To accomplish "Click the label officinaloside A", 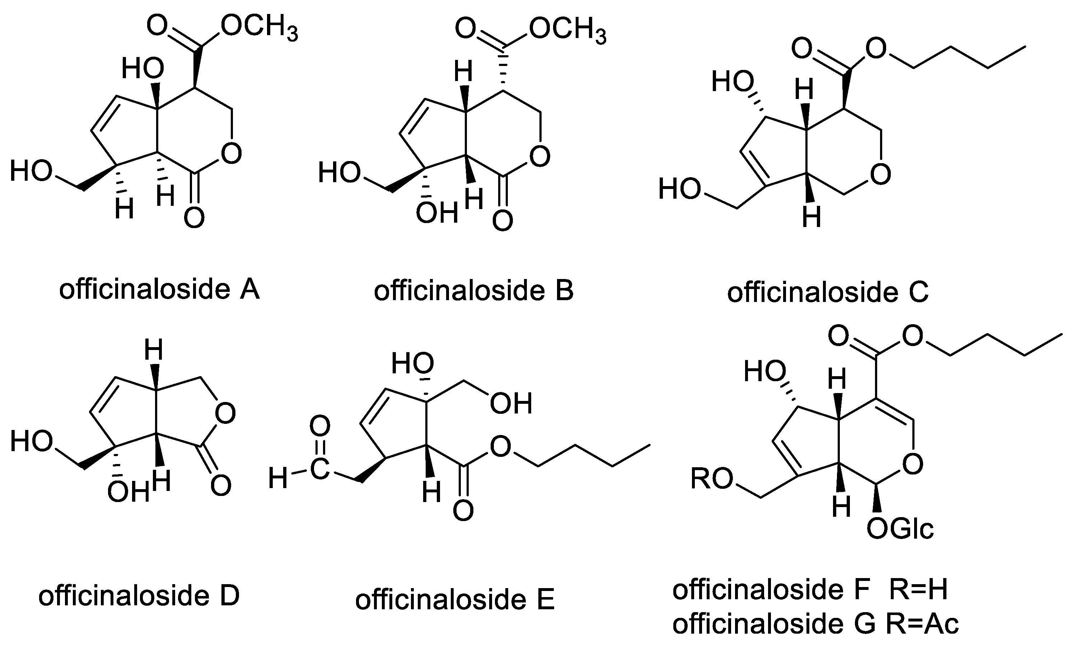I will point(159,289).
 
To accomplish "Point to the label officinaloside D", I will point(139,596).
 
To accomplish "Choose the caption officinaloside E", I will point(455,600).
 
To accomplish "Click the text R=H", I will point(918,590).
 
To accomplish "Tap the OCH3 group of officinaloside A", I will point(259,28).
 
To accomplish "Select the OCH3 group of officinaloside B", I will point(567,32).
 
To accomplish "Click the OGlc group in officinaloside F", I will point(899,529).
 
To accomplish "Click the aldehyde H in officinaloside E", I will point(278,478).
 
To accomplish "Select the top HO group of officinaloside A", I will point(142,68).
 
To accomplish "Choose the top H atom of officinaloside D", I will point(154,350).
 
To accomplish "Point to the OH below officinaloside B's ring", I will point(437,213).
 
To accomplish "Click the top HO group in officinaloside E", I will point(412,363).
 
